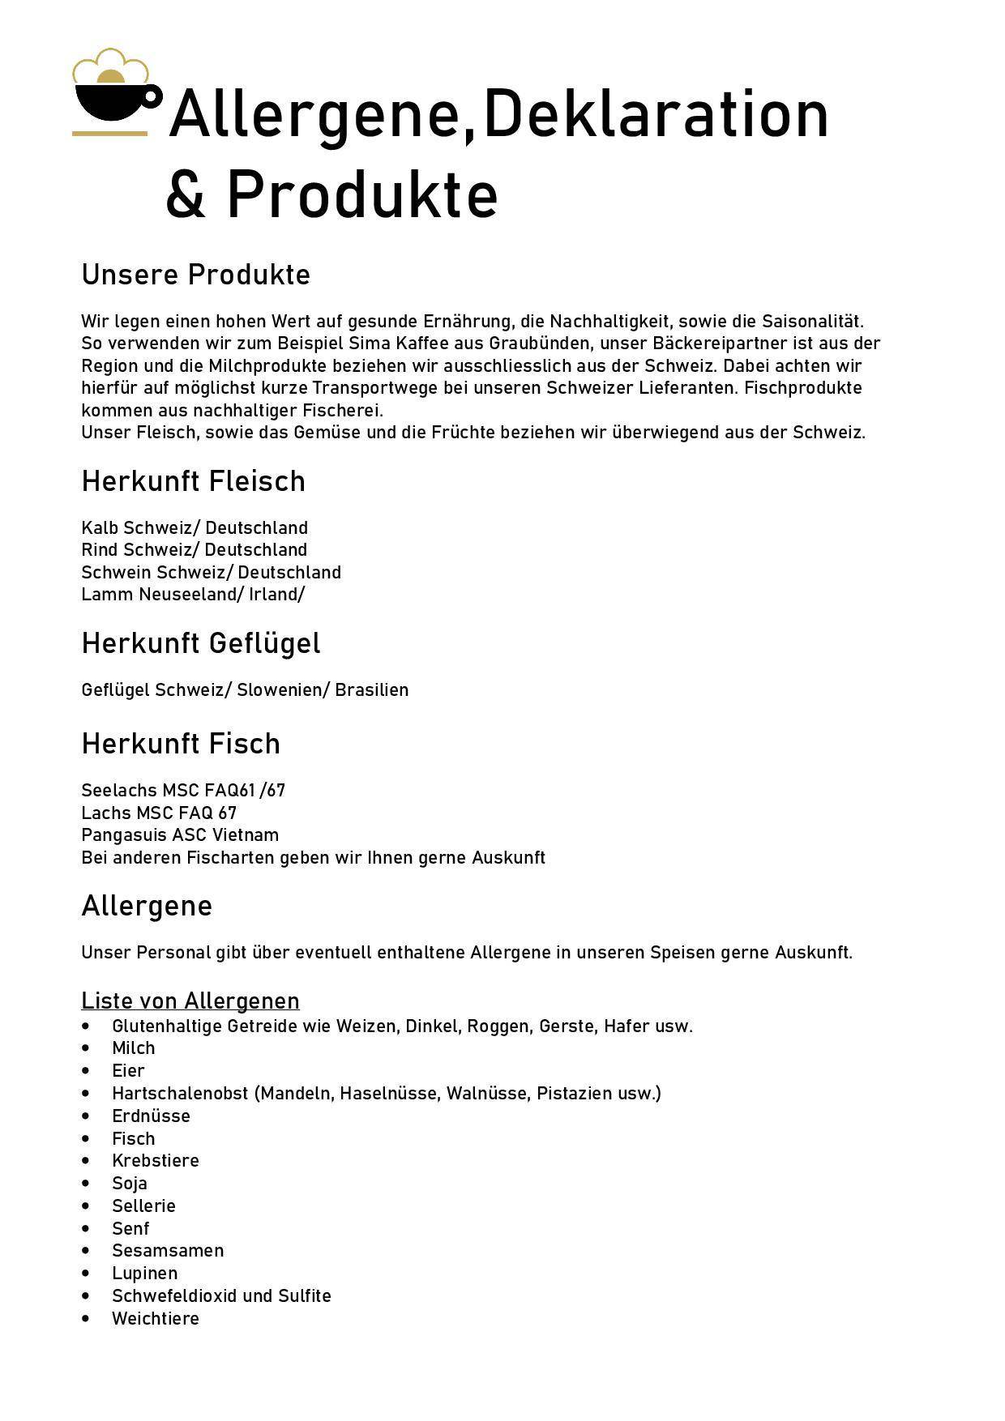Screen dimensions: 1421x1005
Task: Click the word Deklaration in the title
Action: point(656,114)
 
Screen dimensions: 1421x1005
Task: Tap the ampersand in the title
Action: point(186,194)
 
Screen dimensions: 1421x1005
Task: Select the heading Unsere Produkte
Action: point(195,275)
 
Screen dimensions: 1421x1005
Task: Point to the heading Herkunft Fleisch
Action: point(193,481)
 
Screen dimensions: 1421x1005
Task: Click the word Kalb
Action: point(100,528)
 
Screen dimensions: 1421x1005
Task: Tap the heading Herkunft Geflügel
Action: point(200,643)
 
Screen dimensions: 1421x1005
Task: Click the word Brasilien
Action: point(372,690)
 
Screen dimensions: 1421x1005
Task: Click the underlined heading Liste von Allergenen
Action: point(190,1001)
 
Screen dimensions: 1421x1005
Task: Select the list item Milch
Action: point(134,1048)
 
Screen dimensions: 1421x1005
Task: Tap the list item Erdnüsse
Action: point(151,1116)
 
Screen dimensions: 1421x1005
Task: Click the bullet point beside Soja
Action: point(87,1184)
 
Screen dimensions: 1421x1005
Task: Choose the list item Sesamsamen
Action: point(168,1251)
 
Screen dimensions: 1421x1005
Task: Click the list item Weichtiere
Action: point(156,1318)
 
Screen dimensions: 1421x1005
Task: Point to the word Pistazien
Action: point(574,1094)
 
